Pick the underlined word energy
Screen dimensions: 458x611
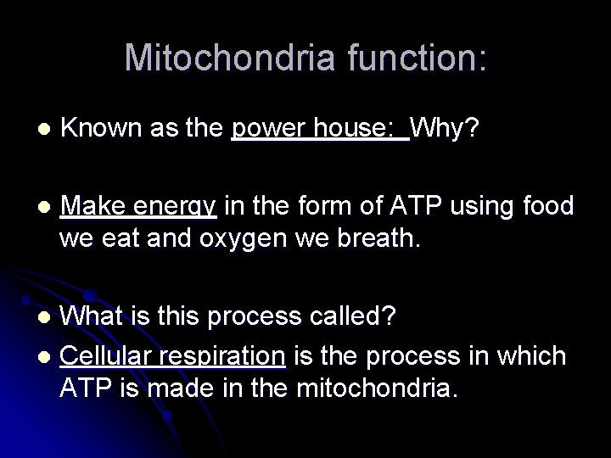[x=180, y=206]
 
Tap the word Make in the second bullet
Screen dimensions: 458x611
[x=94, y=206]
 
